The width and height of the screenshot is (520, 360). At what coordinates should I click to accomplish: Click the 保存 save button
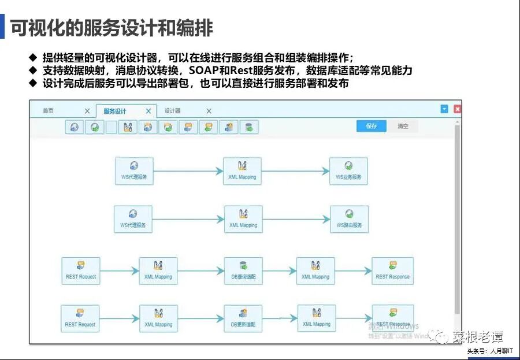[x=372, y=126]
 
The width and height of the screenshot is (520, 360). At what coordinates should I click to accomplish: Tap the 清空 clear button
[x=403, y=126]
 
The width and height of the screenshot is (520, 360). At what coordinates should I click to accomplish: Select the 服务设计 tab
[x=115, y=111]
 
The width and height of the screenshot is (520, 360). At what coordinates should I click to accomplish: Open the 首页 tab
[x=49, y=111]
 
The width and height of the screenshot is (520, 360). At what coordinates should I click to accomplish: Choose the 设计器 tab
[x=172, y=111]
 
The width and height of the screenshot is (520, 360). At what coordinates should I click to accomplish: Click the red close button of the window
[x=458, y=109]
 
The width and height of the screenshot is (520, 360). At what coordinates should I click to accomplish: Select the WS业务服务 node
[x=348, y=171]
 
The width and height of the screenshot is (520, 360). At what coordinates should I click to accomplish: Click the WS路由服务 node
[x=349, y=219]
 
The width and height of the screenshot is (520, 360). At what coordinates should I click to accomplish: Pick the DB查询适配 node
[x=243, y=271]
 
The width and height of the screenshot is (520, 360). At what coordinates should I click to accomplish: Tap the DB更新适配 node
[x=243, y=319]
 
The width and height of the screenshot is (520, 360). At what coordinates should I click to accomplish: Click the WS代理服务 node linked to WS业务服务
[x=134, y=171]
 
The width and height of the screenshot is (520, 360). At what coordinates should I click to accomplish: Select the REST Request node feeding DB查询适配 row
[x=81, y=271]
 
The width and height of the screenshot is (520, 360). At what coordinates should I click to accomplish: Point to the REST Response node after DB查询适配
[x=392, y=271]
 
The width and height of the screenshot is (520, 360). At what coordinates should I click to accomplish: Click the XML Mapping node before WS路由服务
[x=243, y=219]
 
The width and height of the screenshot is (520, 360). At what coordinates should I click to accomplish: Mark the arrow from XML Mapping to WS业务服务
[x=295, y=171]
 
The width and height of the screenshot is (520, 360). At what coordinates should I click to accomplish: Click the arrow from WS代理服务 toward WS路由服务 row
[x=188, y=219]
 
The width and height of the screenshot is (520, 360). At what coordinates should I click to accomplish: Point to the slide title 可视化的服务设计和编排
[x=112, y=28]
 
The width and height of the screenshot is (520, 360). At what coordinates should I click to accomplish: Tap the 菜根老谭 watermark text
[x=477, y=337]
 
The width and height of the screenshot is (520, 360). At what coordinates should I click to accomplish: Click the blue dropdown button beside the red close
[x=444, y=109]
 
